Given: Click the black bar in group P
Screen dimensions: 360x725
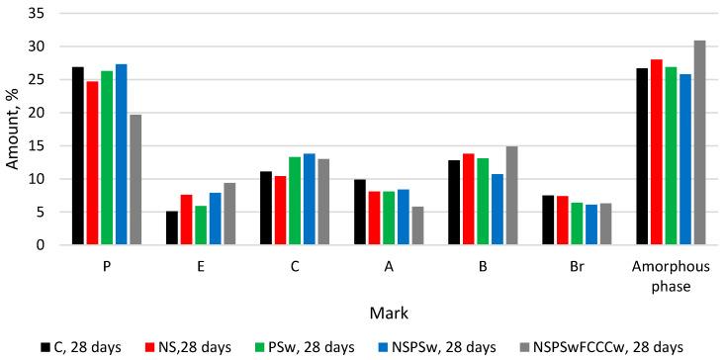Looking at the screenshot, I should coord(77,156).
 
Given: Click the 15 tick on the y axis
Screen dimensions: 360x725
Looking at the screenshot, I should coord(45,146).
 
